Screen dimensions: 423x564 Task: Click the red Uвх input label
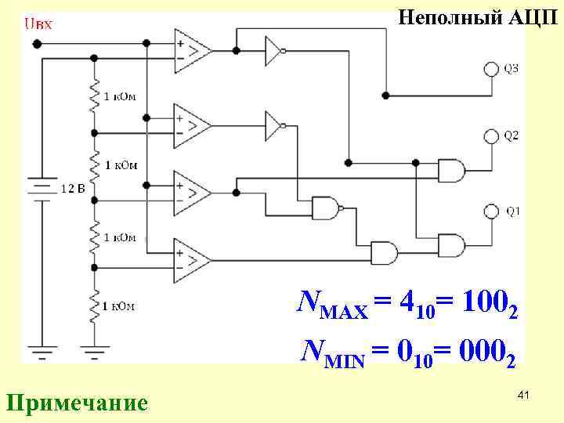point(38,23)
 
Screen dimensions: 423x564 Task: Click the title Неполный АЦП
point(476,16)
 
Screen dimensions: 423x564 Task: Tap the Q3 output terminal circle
point(491,70)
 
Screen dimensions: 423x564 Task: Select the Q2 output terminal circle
point(491,136)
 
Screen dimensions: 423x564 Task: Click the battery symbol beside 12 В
point(39,188)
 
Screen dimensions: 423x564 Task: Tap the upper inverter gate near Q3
point(274,51)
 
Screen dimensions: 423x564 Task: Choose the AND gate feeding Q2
point(450,170)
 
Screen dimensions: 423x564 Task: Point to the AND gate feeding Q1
point(450,245)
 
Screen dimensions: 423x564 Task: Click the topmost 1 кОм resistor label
point(120,96)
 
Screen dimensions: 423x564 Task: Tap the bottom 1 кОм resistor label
point(118,305)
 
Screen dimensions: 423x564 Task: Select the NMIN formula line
point(407,352)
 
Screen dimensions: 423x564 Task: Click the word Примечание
point(77,403)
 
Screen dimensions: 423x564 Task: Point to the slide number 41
point(523,397)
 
